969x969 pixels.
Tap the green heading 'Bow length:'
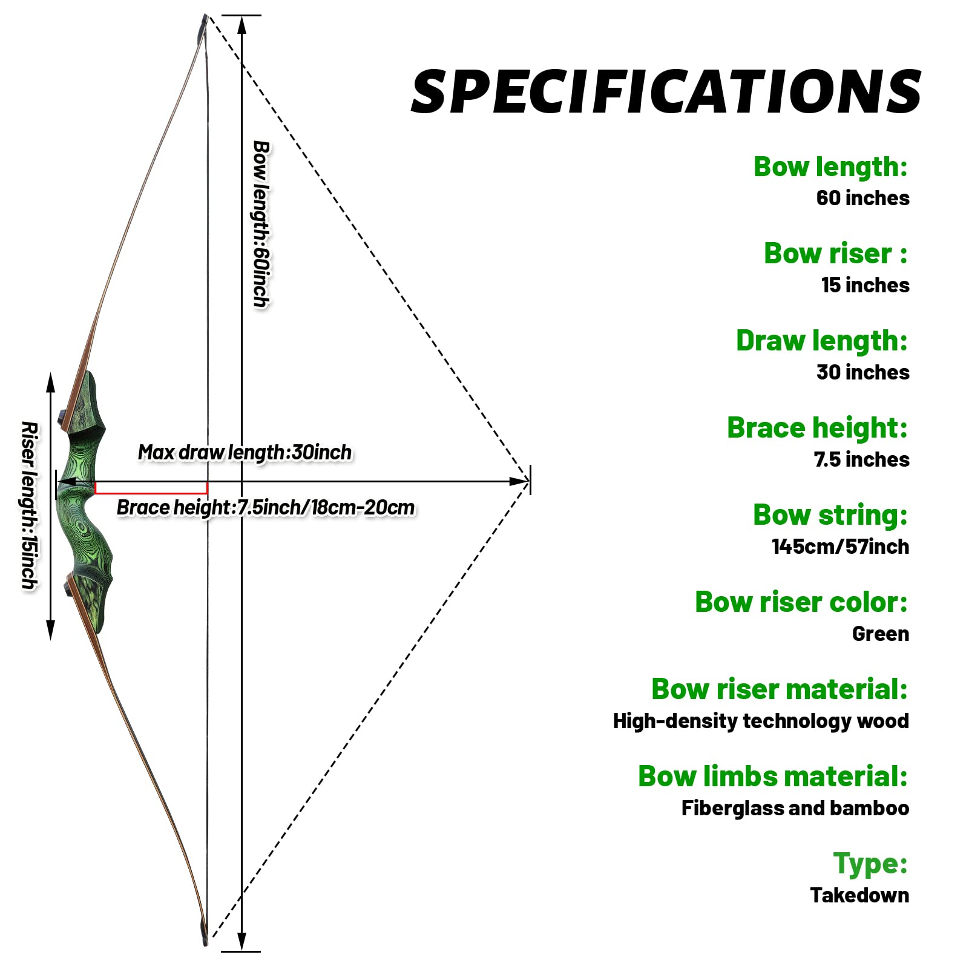click(x=830, y=166)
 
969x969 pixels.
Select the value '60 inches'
click(x=862, y=198)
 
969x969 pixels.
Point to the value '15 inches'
click(x=865, y=285)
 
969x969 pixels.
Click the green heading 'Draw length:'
click(x=822, y=341)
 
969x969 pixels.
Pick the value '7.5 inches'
click(x=861, y=459)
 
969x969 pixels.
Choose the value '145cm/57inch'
click(x=840, y=547)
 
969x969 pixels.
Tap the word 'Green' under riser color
click(x=880, y=634)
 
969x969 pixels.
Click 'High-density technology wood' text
click(x=761, y=721)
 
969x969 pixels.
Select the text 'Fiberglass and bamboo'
click(x=795, y=808)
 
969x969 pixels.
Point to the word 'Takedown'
click(x=859, y=895)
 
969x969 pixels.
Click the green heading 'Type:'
click(x=870, y=863)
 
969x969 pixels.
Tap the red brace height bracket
click(x=151, y=488)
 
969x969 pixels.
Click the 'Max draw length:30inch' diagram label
click(x=245, y=452)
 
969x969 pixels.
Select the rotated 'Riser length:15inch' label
click(x=29, y=505)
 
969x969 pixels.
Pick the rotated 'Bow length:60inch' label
click(x=261, y=224)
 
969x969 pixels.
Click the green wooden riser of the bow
click(x=85, y=502)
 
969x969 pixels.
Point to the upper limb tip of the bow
click(x=203, y=24)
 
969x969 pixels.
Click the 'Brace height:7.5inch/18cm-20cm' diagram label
click(x=266, y=507)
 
